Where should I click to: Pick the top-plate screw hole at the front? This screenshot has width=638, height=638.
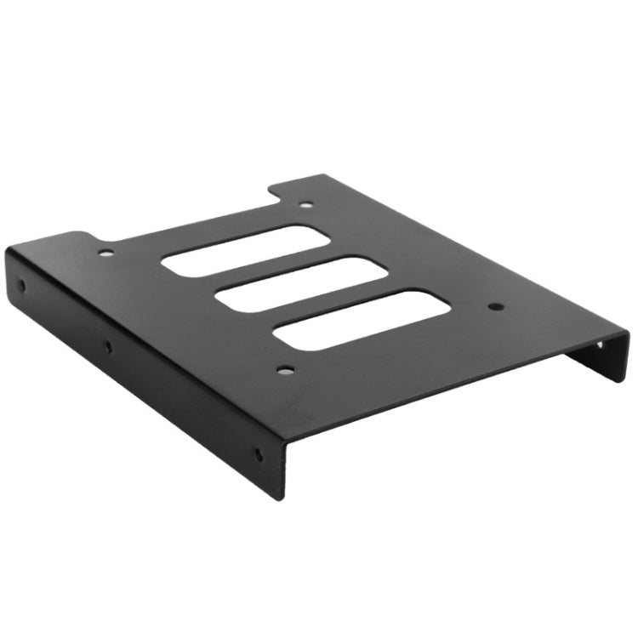click(286, 370)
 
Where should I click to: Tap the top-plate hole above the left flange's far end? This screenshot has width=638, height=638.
click(105, 252)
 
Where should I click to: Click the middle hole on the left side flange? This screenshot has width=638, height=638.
click(107, 346)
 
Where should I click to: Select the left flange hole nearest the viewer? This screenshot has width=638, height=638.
click(259, 454)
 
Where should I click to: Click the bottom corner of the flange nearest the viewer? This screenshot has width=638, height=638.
click(285, 498)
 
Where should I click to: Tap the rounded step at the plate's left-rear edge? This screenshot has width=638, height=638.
click(83, 232)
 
